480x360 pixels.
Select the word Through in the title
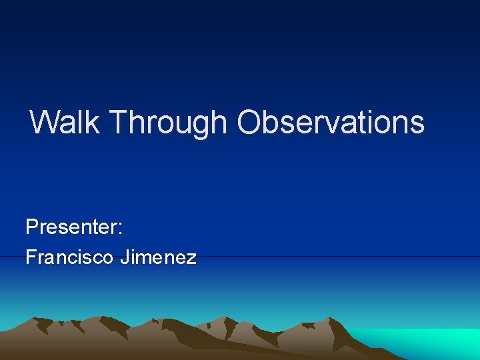click(168, 123)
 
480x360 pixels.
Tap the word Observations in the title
click(330, 122)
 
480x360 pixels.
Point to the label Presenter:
click(74, 227)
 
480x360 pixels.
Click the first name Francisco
click(69, 257)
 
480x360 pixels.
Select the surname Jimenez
click(158, 257)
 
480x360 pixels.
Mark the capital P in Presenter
click(31, 227)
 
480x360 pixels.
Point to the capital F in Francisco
click(30, 257)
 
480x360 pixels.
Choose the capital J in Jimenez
click(124, 257)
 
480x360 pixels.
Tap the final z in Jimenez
click(192, 258)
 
